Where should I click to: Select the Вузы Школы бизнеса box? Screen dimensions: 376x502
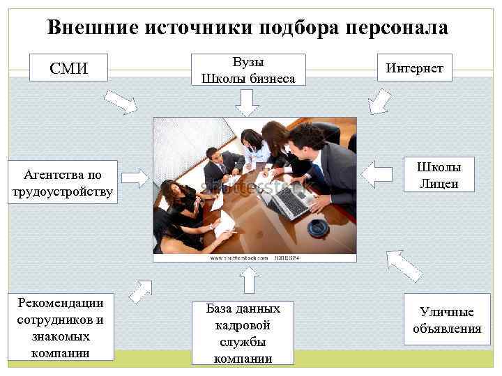pyautogui.click(x=248, y=70)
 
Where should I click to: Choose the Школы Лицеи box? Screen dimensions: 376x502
pyautogui.click(x=439, y=175)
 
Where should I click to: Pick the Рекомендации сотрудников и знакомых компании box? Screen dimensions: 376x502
pyautogui.click(x=60, y=327)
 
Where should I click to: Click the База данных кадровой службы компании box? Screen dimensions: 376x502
pyautogui.click(x=243, y=333)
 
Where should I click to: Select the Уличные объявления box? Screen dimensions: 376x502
pyautogui.click(x=446, y=320)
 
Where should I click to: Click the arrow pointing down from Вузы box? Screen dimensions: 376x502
pyautogui.click(x=247, y=104)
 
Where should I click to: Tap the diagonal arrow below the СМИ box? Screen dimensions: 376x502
pyautogui.click(x=124, y=102)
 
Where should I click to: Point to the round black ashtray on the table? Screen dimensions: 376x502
pyautogui.click(x=318, y=226)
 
